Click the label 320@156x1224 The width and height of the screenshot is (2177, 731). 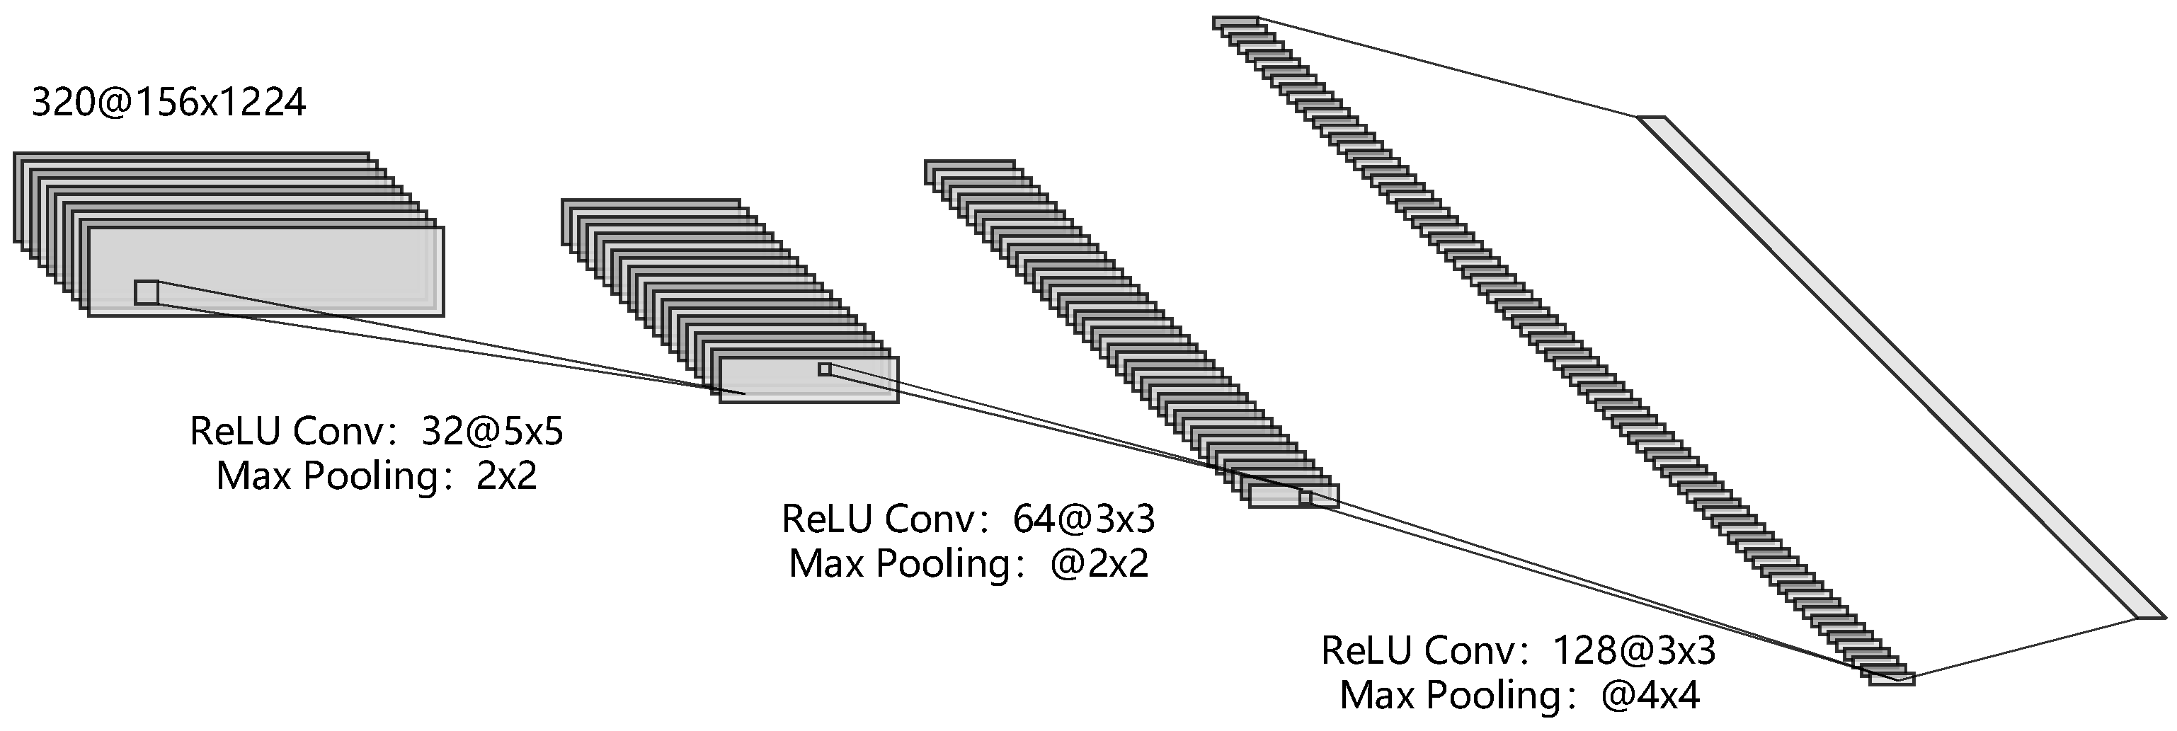point(169,103)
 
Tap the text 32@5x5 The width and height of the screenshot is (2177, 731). point(492,432)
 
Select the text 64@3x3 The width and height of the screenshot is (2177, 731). point(1083,518)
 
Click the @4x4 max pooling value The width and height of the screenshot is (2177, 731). point(1650,696)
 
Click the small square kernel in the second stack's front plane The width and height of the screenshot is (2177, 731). point(824,369)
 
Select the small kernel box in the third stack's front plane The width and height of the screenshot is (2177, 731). point(1305,497)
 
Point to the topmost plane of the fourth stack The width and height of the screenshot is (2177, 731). point(1235,21)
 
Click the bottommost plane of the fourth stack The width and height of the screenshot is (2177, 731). point(1890,679)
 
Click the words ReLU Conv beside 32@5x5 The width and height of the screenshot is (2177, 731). point(287,432)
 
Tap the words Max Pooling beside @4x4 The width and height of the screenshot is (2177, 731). point(1449,696)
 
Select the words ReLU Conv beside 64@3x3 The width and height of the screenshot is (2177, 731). point(879,518)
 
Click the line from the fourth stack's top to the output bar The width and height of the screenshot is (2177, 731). point(1447,68)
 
